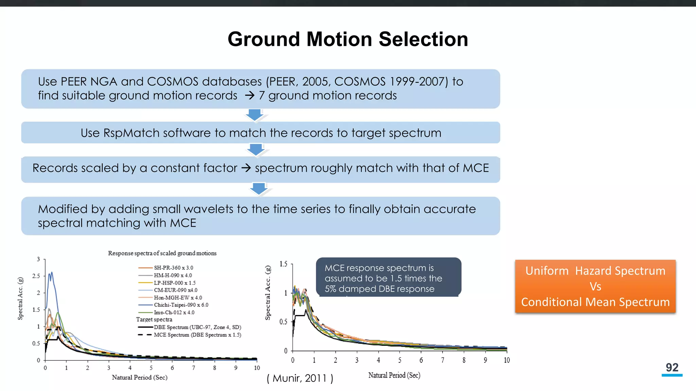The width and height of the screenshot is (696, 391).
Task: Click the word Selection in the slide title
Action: [423, 39]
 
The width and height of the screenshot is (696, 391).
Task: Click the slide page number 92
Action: [672, 368]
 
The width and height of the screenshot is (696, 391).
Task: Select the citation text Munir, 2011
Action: [300, 378]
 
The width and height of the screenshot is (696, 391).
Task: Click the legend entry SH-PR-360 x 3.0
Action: [173, 268]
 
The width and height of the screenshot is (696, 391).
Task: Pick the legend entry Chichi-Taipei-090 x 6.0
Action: [181, 305]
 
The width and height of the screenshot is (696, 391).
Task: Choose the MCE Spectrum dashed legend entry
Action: [197, 335]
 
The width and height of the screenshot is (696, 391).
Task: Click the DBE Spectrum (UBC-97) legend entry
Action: [197, 327]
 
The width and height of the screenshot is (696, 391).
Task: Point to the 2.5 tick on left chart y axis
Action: [36, 276]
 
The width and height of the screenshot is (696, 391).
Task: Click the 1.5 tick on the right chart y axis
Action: [283, 264]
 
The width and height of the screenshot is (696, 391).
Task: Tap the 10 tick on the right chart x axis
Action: [506, 360]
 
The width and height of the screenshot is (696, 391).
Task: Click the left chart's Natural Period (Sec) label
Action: [139, 377]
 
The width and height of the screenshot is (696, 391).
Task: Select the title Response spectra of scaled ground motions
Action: [162, 253]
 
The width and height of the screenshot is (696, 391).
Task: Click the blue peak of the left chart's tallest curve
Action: [51, 273]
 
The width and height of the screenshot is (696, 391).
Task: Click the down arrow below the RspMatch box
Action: [256, 149]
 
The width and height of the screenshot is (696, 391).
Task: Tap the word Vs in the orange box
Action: [595, 286]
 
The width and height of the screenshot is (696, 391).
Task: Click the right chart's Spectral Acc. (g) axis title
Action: [268, 293]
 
